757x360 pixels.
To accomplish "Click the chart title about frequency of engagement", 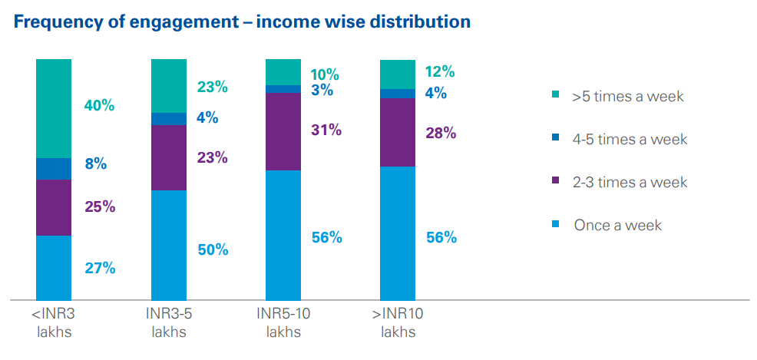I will point(242,21).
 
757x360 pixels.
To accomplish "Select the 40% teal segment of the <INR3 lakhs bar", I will point(54,108).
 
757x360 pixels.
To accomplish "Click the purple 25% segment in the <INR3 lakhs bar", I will point(54,207).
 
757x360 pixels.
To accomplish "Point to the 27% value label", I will point(100,268).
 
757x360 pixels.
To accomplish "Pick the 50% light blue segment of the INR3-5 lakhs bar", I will point(169,244).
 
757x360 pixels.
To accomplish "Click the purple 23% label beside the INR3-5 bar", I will point(212,157).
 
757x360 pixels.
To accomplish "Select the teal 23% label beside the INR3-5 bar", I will point(212,87).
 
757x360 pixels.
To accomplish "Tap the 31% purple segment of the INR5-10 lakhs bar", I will point(283,131).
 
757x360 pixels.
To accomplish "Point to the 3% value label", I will point(322,90).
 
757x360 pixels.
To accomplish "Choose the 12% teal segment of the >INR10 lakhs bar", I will point(398,74).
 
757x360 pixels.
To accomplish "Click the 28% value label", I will point(441,133).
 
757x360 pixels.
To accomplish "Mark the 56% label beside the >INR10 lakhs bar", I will point(441,237).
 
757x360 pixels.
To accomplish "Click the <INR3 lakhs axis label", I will point(53,322).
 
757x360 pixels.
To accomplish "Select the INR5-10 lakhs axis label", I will point(283,322).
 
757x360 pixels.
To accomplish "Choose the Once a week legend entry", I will point(617,225).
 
